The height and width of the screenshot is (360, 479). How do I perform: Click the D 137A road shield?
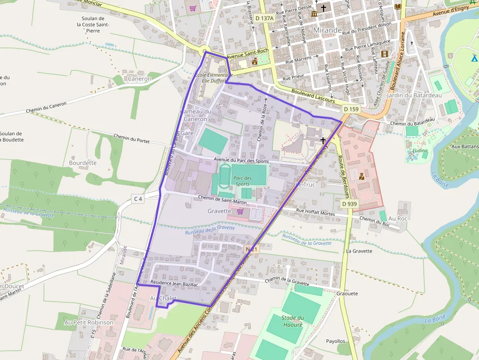(264, 18)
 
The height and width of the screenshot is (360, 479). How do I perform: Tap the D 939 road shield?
(349, 204)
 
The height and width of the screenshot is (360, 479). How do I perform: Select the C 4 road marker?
(138, 199)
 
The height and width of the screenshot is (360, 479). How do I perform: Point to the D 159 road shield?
(351, 109)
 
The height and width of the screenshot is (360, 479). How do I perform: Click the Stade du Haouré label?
(293, 321)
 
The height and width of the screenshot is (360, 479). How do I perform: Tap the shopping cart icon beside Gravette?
(240, 211)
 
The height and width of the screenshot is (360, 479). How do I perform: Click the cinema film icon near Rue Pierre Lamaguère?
(385, 54)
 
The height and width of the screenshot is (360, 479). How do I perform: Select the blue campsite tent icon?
(474, 58)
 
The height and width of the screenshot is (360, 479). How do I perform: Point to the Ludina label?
(420, 150)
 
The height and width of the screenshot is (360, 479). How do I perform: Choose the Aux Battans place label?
(464, 146)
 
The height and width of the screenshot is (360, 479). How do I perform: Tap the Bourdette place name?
(83, 163)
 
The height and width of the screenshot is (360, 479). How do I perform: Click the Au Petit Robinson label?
(89, 322)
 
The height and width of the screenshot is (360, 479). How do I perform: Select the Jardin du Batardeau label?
(407, 95)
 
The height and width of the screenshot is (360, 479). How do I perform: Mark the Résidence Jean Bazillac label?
(174, 283)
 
